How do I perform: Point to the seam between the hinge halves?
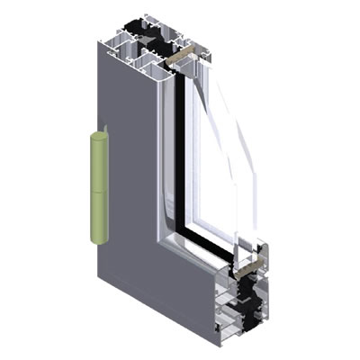click(x=99, y=191)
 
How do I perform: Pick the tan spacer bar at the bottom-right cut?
click(x=254, y=265)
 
